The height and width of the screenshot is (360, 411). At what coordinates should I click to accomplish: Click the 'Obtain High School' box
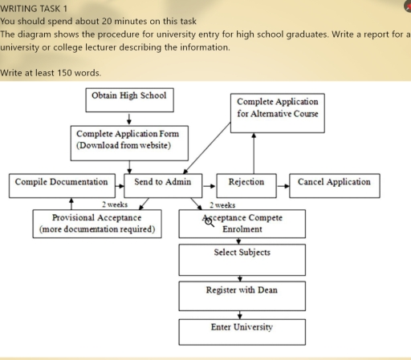129,100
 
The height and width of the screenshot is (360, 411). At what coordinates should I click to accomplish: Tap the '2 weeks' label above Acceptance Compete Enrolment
222,205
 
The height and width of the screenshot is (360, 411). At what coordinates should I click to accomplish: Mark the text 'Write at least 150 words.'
51,73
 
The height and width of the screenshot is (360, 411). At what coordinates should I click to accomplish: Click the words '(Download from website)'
122,148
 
